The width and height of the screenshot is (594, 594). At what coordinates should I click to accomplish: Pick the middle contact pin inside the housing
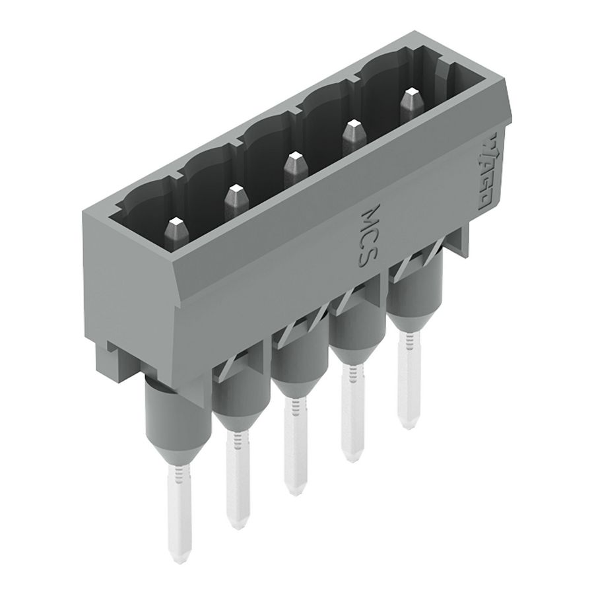tap(293, 168)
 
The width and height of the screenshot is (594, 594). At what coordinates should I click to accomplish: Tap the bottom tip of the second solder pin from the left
tap(234, 525)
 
